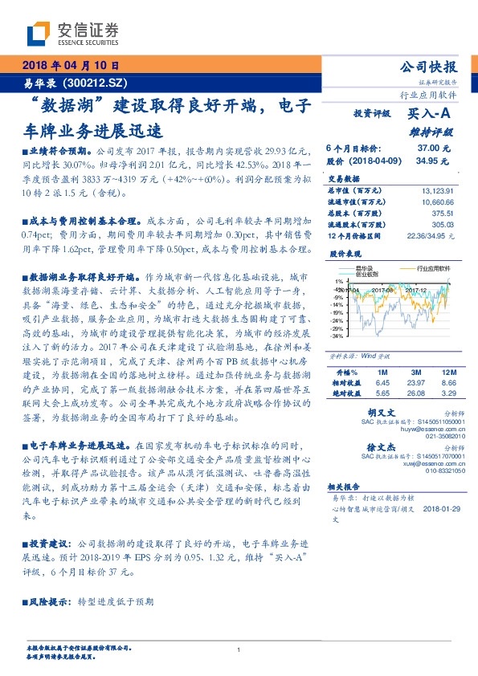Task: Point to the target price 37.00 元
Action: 434,149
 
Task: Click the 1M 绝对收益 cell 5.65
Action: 382,394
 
